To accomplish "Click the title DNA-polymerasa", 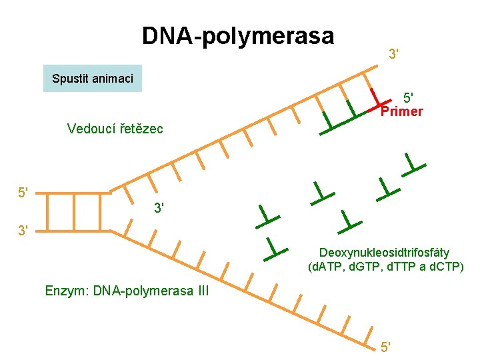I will coord(238,35).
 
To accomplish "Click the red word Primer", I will coord(401,111).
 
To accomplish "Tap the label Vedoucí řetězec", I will coord(115,128).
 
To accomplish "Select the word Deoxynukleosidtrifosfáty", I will coord(384,253).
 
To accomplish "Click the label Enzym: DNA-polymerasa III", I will coord(127,291).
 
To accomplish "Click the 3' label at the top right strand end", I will coord(394,52).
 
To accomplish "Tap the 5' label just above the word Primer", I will coord(408,98).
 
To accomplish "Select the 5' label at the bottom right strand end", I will coord(385,347).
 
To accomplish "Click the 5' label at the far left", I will coord(24,193).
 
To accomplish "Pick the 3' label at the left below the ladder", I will coord(24,231).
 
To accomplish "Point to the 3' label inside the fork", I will coord(160,208).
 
